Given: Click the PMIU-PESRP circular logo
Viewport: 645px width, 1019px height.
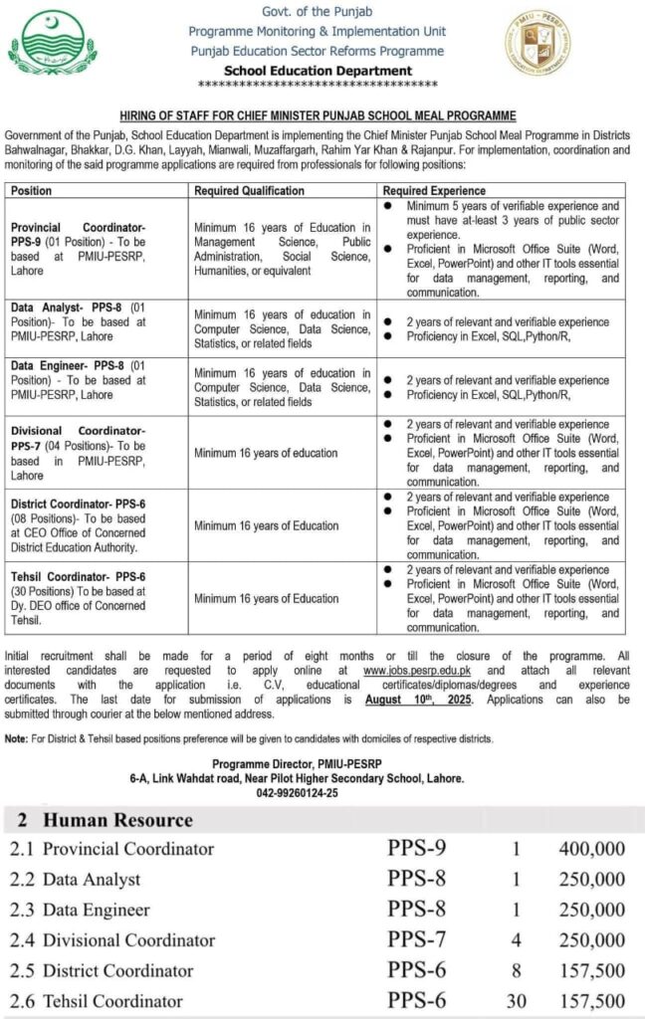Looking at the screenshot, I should (x=537, y=44).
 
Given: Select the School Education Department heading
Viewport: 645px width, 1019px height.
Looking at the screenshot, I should (x=319, y=71).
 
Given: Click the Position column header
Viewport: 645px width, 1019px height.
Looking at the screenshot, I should (x=31, y=190).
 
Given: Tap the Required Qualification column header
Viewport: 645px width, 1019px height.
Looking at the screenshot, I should (x=250, y=190).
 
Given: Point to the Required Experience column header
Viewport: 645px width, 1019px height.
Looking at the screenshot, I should (x=434, y=190).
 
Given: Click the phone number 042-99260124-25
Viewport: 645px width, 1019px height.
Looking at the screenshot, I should (x=298, y=793).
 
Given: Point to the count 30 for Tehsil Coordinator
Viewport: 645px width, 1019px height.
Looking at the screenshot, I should (x=516, y=1001).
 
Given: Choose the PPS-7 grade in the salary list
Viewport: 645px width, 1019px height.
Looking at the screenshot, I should (x=417, y=940).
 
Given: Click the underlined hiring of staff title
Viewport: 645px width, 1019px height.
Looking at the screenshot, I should (x=317, y=116).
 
